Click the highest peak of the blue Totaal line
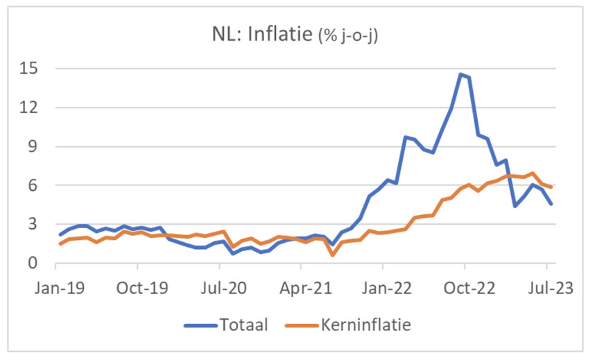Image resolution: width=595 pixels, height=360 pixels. click(x=460, y=74)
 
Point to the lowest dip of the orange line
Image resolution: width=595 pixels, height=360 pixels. click(x=333, y=255)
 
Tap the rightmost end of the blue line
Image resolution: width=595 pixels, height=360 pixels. click(x=551, y=204)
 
